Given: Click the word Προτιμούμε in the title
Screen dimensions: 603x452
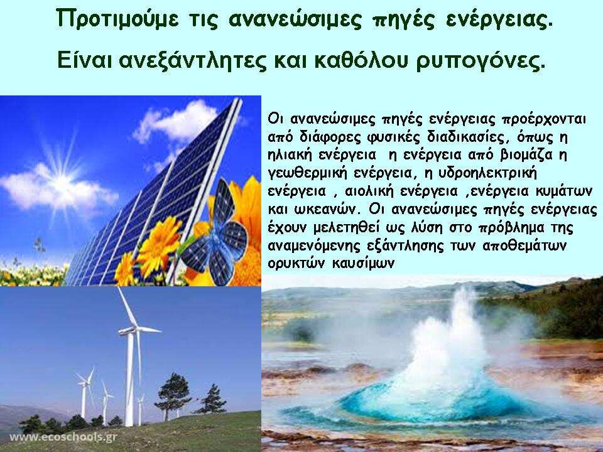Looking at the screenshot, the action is tap(117, 18).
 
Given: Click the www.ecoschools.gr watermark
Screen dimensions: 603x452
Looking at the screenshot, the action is tap(63, 437).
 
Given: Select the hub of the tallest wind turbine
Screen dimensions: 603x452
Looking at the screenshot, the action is tap(131, 330).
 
